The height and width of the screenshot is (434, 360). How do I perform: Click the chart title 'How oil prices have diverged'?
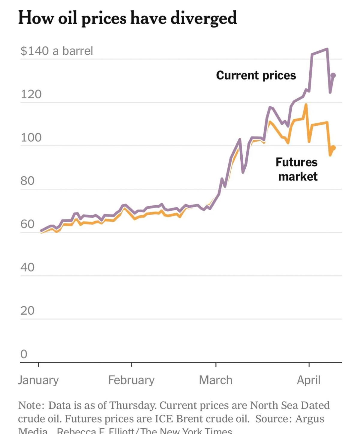[127, 18]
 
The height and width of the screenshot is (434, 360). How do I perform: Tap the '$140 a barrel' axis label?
[57, 51]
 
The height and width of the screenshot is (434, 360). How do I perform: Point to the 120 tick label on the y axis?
[31, 94]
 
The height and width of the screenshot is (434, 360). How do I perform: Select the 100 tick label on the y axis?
[31, 137]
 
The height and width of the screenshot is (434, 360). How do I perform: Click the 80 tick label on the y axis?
[27, 181]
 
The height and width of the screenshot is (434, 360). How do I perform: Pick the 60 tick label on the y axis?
[27, 224]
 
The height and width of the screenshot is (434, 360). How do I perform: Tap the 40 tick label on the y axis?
[27, 267]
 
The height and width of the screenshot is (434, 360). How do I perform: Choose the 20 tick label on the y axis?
[27, 310]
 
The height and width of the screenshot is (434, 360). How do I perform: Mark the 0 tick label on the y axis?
[24, 354]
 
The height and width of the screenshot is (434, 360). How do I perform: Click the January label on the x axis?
[38, 380]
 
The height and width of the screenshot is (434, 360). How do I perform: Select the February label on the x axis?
[131, 380]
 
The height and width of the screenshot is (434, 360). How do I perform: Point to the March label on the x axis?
[216, 380]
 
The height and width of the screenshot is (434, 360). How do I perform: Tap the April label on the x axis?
[309, 380]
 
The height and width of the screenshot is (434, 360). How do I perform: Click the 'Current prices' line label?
[256, 75]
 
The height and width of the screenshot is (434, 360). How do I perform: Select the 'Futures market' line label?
[297, 169]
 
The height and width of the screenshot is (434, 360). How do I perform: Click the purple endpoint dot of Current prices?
[333, 75]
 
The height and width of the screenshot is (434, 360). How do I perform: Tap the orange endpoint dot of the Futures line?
[333, 148]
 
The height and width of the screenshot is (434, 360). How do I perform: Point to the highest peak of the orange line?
[306, 105]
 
